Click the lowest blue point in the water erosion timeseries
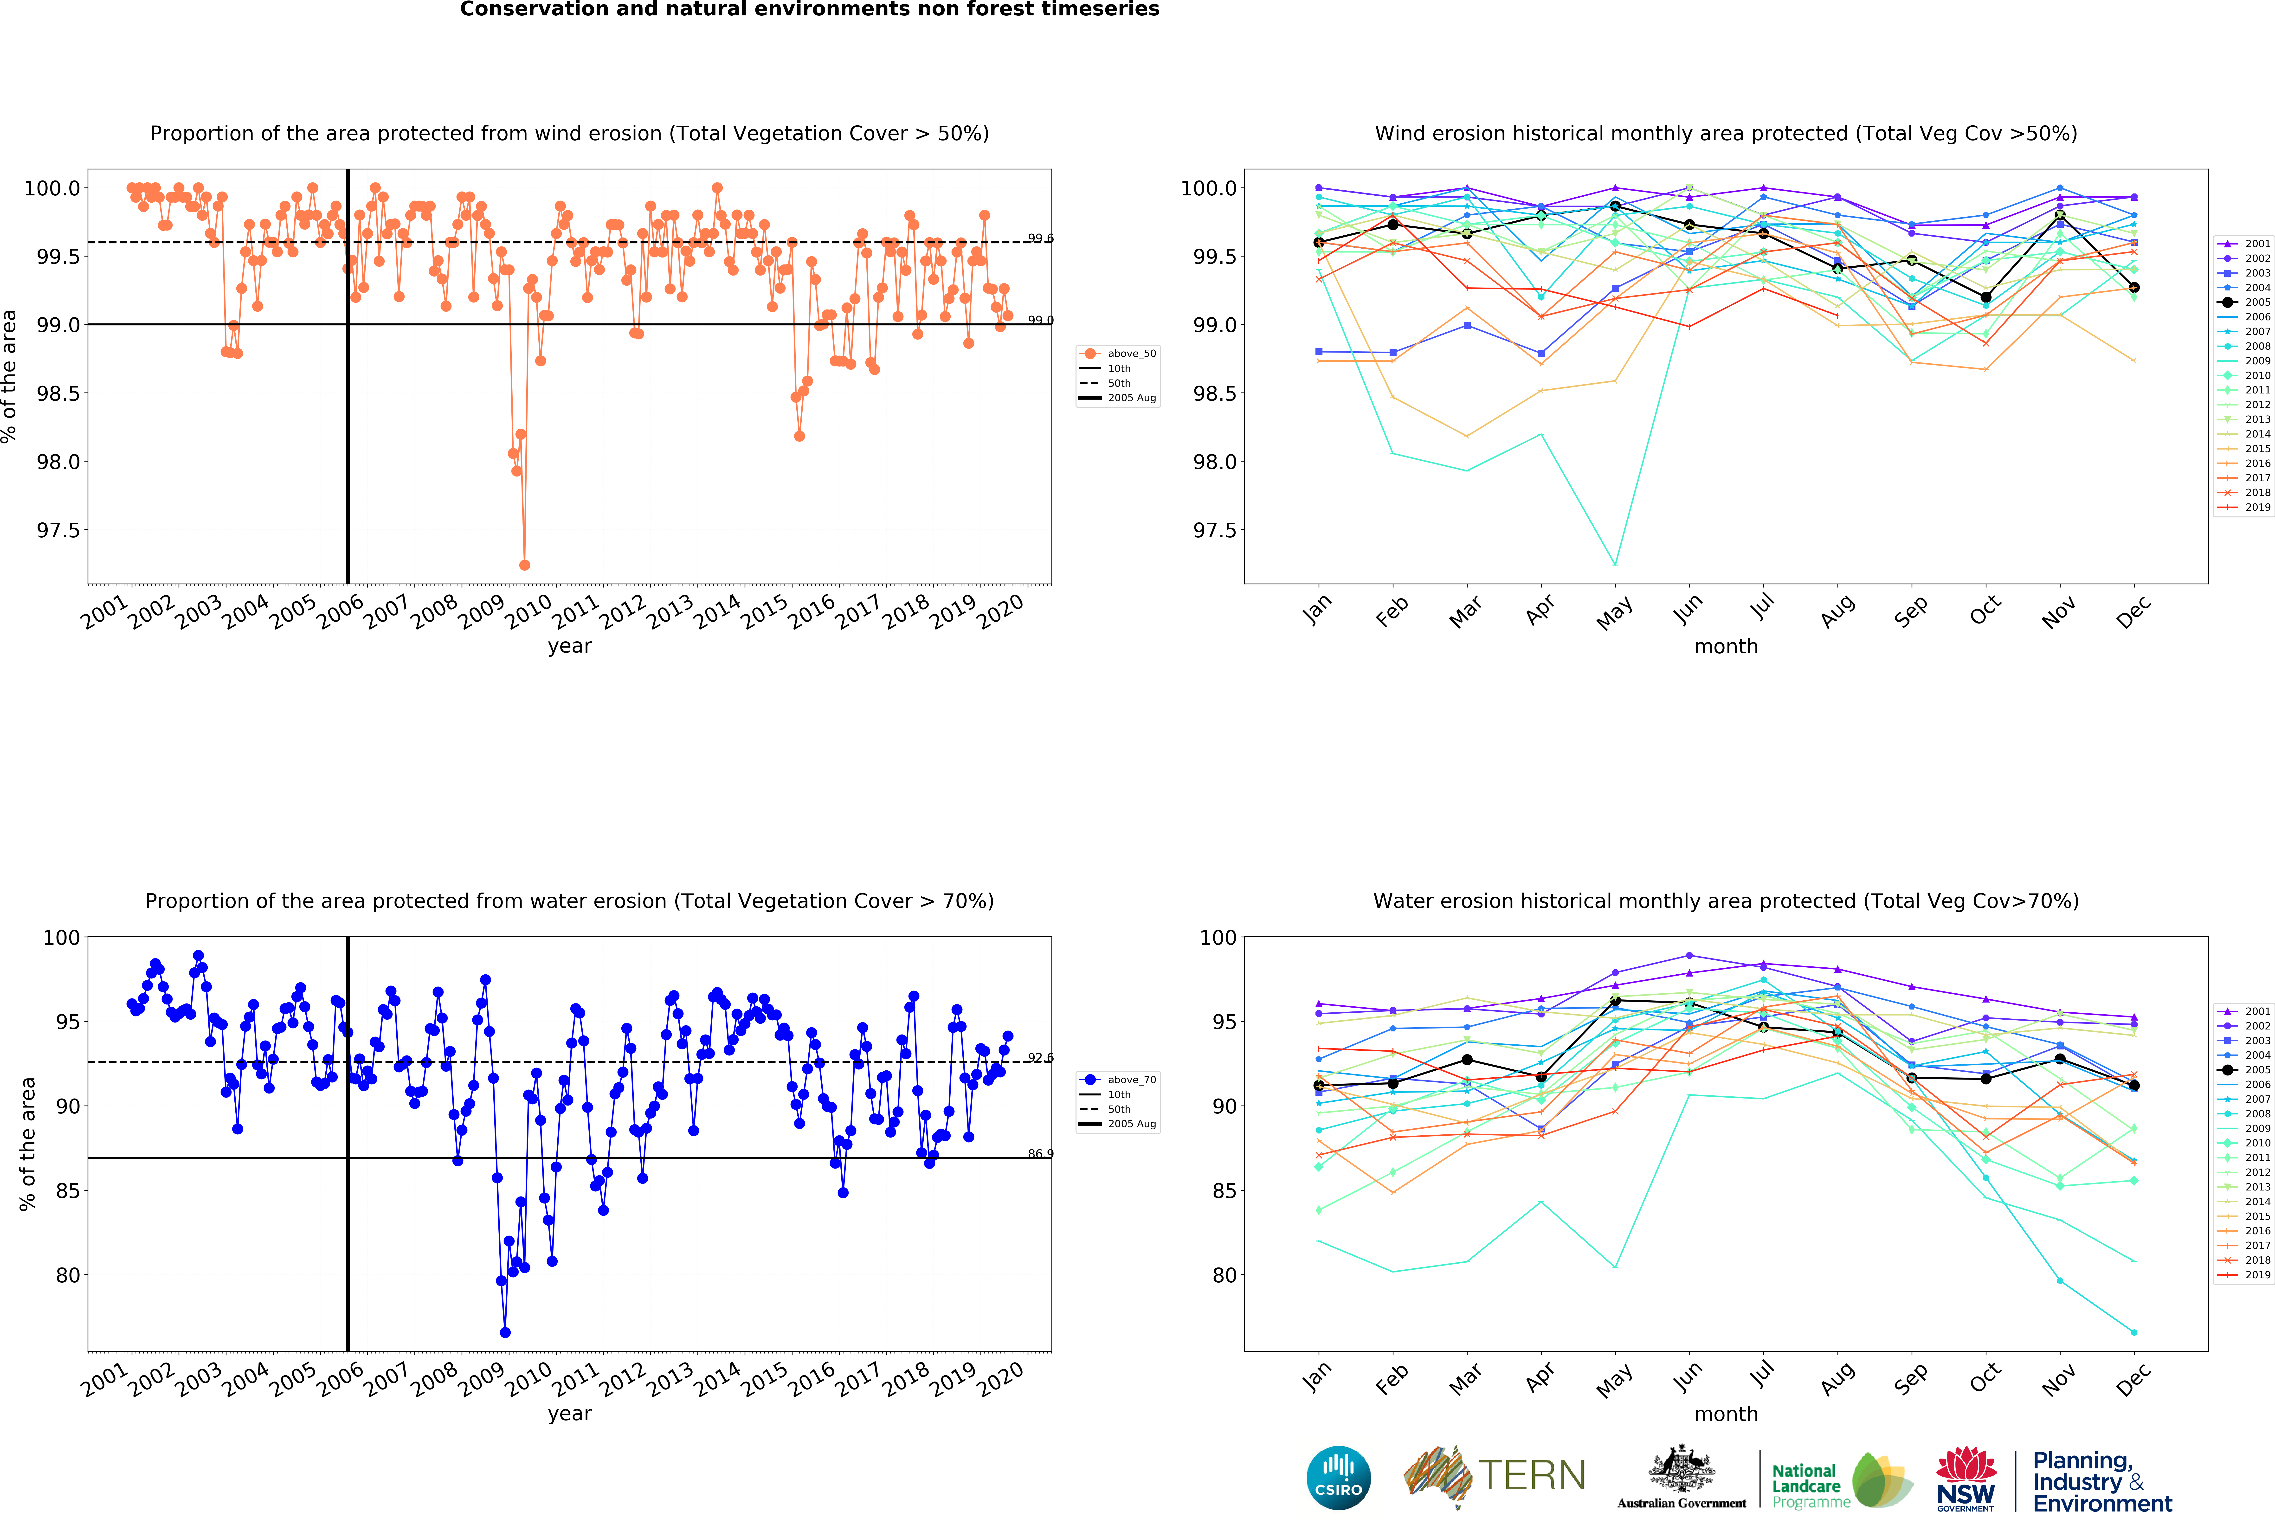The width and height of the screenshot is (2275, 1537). tap(505, 1332)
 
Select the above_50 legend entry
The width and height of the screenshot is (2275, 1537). tap(1131, 354)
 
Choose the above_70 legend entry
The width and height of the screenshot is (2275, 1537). tap(1131, 1080)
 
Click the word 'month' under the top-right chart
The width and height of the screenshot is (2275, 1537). tap(1726, 646)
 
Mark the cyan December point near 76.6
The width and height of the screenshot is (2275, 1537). tap(2134, 1332)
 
